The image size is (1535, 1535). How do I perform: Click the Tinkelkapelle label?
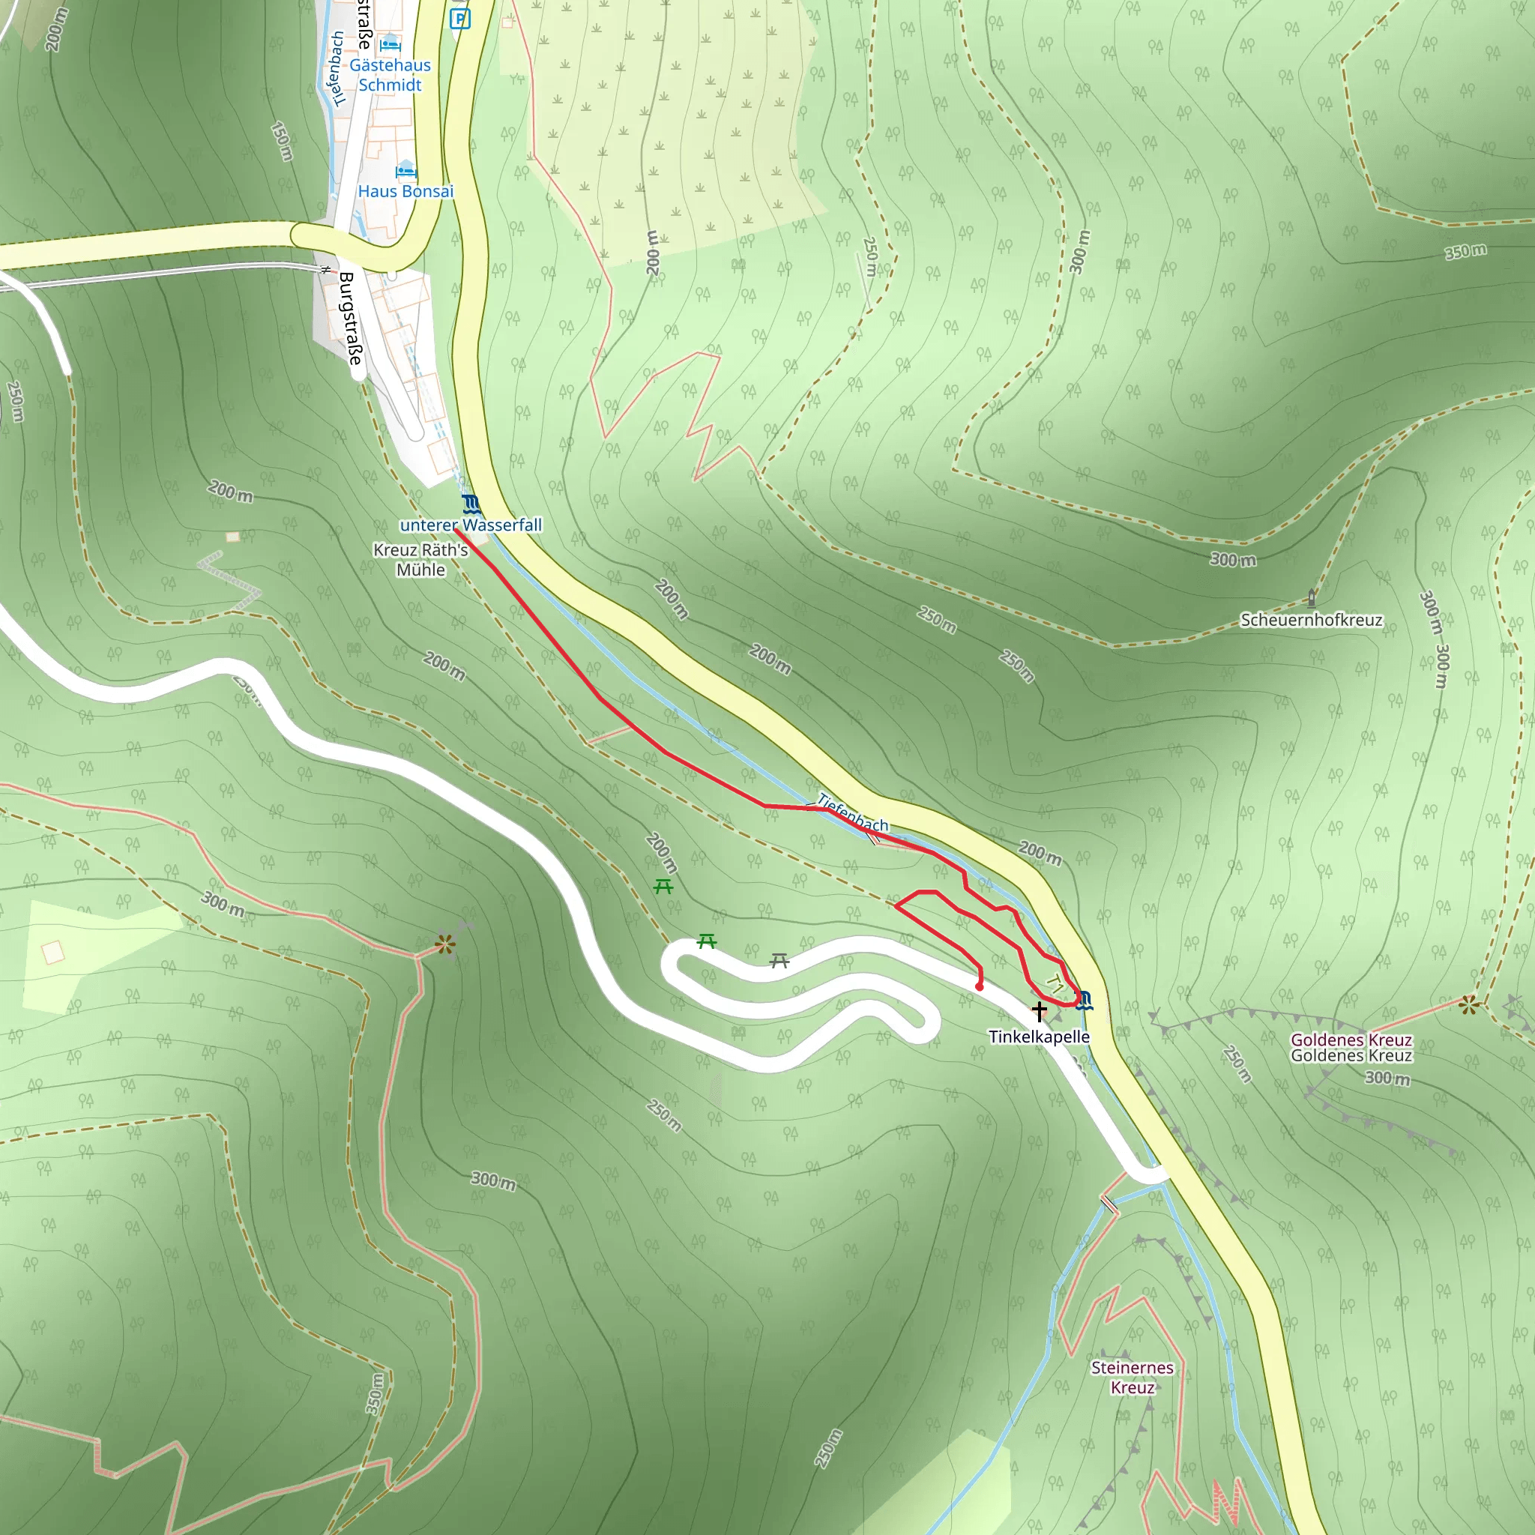(x=1040, y=1037)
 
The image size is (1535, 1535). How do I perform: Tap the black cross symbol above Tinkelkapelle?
(x=1040, y=1011)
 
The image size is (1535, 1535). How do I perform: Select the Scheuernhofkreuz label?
(x=1312, y=620)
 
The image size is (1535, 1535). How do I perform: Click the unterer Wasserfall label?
(x=471, y=525)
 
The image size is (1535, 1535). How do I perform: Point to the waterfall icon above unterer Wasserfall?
(x=471, y=504)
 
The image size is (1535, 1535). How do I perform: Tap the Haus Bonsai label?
(x=405, y=191)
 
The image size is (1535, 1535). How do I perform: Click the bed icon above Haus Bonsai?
(x=405, y=170)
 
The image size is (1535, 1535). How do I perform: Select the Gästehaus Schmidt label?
(x=390, y=75)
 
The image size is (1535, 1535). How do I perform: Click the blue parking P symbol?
(x=460, y=19)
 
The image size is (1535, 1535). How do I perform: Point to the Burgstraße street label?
(x=350, y=319)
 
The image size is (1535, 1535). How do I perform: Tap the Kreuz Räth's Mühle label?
(x=421, y=559)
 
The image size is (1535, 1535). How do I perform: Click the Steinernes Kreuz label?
(x=1133, y=1378)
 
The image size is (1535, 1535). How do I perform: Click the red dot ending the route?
(x=980, y=987)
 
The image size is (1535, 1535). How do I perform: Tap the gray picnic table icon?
(x=779, y=962)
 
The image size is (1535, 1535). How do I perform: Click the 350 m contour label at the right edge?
(x=1465, y=252)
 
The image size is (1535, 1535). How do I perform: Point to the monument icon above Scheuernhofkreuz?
(x=1312, y=598)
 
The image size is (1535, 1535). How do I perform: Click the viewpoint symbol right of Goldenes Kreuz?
(x=1468, y=1005)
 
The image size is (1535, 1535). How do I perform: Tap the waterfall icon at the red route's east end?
(x=1085, y=1000)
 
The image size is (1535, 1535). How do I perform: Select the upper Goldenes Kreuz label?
(x=1351, y=1040)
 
